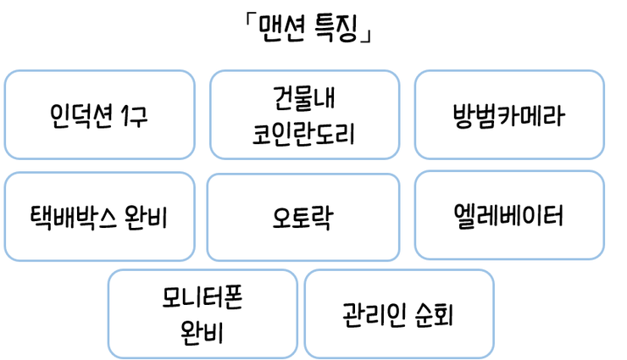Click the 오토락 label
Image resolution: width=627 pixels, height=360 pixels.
coord(302,218)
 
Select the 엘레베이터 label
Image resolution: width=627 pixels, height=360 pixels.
coord(508,216)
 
